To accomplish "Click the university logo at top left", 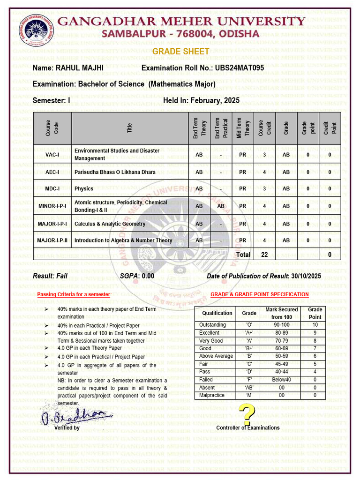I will click(x=36, y=29).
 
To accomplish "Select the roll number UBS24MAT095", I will click(x=239, y=68).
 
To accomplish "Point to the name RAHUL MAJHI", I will click(x=80, y=68).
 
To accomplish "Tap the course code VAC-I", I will click(x=52, y=155).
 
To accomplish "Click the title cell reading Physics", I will click(x=84, y=189).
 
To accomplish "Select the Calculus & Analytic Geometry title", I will click(x=110, y=224).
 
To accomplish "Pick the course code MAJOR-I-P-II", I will click(x=52, y=240).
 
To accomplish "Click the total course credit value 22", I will click(x=264, y=255).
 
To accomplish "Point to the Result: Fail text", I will click(x=50, y=276).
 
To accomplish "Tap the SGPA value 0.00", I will click(x=148, y=276).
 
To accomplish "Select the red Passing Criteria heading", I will click(x=74, y=294).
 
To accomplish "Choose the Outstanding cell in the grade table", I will click(x=212, y=325).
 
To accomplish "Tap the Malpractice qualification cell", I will click(x=211, y=395).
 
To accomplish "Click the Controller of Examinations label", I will click(x=247, y=427).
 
